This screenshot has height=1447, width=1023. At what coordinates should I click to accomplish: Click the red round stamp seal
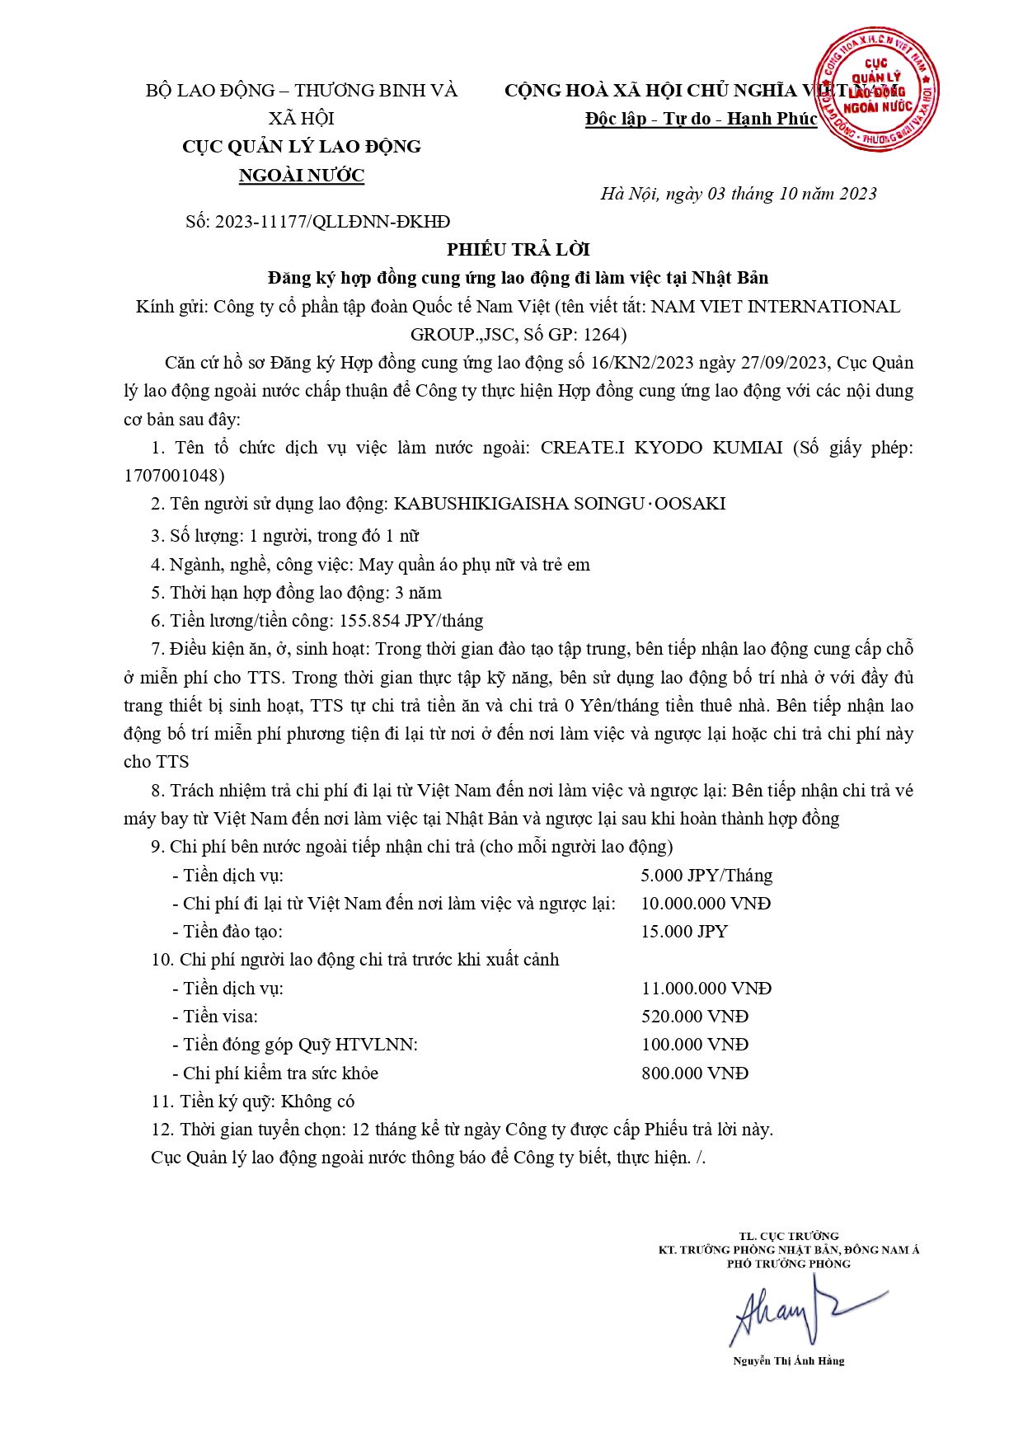pos(876,88)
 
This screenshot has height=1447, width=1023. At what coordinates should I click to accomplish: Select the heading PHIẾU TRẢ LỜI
pos(519,249)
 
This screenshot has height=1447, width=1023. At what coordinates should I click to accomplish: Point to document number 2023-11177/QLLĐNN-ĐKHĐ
pos(332,221)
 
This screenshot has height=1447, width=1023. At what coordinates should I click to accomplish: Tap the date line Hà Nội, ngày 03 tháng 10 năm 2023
pos(738,194)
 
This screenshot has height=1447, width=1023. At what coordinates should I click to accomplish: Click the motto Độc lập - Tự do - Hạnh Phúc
pos(701,119)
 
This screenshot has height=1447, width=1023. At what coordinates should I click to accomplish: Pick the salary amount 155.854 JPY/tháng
pos(429,620)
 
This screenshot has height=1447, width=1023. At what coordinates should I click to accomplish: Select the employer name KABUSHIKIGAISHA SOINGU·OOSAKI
pos(560,503)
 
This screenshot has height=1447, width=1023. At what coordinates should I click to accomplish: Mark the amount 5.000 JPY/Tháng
pos(706,875)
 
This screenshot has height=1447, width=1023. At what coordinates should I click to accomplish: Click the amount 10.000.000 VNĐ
pos(706,903)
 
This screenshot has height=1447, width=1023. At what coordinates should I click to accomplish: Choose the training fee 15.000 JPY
pos(684,931)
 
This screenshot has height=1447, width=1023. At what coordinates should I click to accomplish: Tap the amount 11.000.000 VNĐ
pos(706,988)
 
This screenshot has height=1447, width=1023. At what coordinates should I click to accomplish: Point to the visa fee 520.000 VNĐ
pos(695,1016)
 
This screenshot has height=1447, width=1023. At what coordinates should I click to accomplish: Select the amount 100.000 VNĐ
pos(695,1044)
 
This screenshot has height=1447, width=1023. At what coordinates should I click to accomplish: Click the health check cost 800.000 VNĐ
pos(695,1073)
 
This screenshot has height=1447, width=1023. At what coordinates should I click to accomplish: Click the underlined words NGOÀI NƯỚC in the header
pos(302,175)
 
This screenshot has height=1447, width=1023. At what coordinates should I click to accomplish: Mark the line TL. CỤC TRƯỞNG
pos(789,1235)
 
